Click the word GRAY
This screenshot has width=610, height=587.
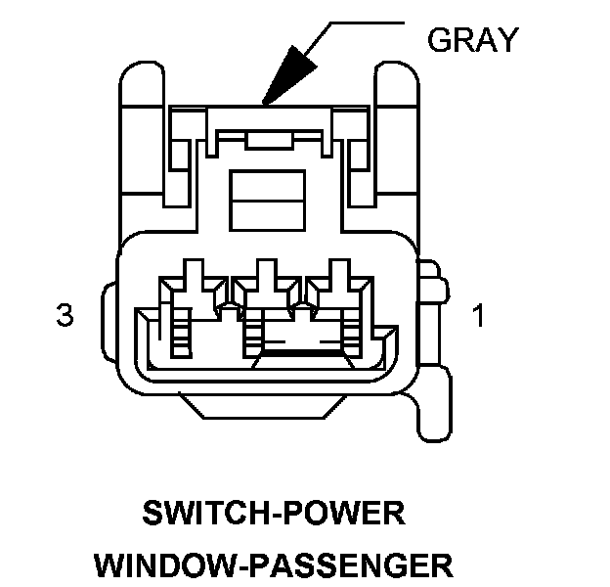[x=473, y=40]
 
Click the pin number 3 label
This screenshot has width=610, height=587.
[x=65, y=316]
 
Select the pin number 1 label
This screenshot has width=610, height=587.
[x=478, y=316]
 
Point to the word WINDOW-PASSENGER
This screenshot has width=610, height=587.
[x=274, y=564]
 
